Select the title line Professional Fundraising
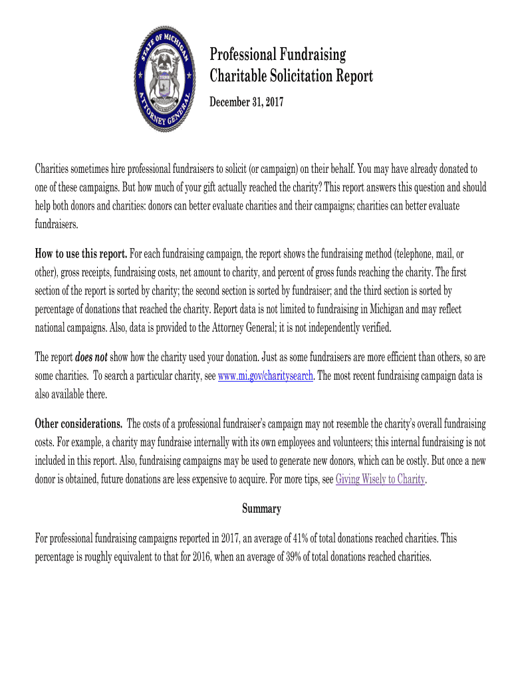(x=278, y=54)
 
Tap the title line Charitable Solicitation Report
(x=291, y=76)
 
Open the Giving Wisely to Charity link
(x=380, y=479)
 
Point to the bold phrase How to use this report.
(x=80, y=254)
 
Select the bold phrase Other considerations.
(x=78, y=424)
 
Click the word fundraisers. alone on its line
(x=57, y=225)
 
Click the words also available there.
(x=70, y=394)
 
